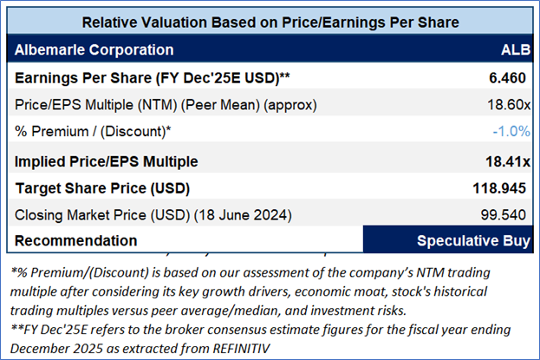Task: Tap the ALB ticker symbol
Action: [x=511, y=50]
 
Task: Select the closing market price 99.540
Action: [x=504, y=213]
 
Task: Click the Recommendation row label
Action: [x=75, y=240]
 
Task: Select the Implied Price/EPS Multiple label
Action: [x=107, y=160]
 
